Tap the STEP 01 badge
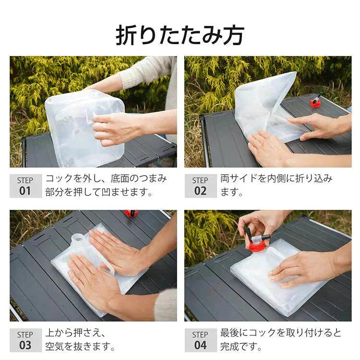25,186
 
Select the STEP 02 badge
200,186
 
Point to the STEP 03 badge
25,340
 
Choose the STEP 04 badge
200,340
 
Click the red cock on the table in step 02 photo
315,102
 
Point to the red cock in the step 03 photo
131,213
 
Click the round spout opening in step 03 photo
77,238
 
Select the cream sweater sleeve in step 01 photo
144,72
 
